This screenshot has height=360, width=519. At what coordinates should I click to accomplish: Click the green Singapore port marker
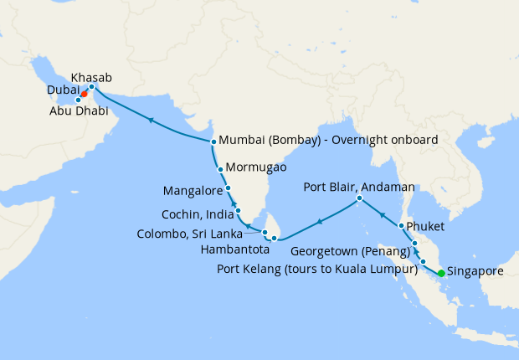pyautogui.click(x=441, y=273)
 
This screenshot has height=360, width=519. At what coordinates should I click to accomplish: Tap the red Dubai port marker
pyautogui.click(x=85, y=94)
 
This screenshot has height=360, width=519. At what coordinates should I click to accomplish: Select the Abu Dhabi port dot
pyautogui.click(x=79, y=100)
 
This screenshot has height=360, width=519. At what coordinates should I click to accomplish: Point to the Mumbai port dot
pyautogui.click(x=213, y=141)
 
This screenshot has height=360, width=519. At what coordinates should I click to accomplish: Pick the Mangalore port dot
pyautogui.click(x=228, y=188)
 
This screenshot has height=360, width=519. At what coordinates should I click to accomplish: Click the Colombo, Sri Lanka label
pyautogui.click(x=196, y=234)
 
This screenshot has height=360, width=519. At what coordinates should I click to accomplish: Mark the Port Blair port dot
pyautogui.click(x=358, y=198)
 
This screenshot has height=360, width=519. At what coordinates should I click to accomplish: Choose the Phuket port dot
pyautogui.click(x=402, y=226)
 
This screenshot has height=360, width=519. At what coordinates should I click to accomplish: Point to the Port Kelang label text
pyautogui.click(x=316, y=270)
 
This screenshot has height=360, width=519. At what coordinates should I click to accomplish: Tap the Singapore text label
pyautogui.click(x=476, y=272)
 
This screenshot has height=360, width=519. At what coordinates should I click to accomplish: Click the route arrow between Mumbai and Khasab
pyautogui.click(x=151, y=121)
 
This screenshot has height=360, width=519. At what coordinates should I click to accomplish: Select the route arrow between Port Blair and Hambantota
pyautogui.click(x=319, y=222)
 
